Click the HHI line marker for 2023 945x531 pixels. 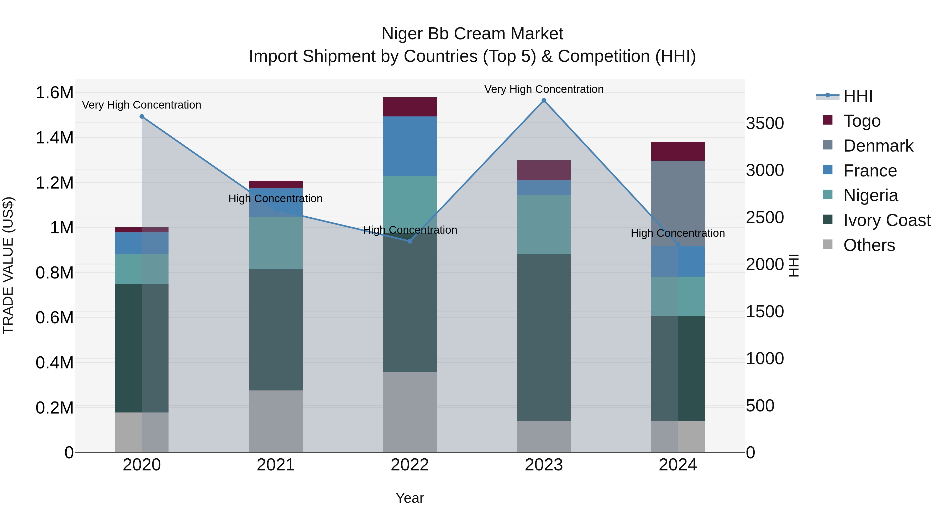tap(544, 100)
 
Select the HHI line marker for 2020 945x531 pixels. tap(142, 116)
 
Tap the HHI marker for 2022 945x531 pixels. tap(410, 241)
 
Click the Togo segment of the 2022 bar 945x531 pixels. tap(410, 107)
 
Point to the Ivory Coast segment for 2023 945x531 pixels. tap(544, 337)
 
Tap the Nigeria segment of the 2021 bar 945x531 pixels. tap(276, 243)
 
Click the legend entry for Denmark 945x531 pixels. tap(878, 146)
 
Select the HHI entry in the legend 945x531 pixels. tap(858, 96)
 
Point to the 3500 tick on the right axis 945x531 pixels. tap(765, 124)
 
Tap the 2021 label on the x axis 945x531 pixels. tap(276, 465)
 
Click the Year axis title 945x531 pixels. tap(410, 498)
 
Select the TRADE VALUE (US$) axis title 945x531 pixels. tap(8, 265)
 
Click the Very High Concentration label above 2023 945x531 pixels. tap(544, 89)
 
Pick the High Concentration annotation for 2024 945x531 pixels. tap(678, 233)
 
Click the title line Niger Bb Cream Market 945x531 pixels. tap(472, 34)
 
